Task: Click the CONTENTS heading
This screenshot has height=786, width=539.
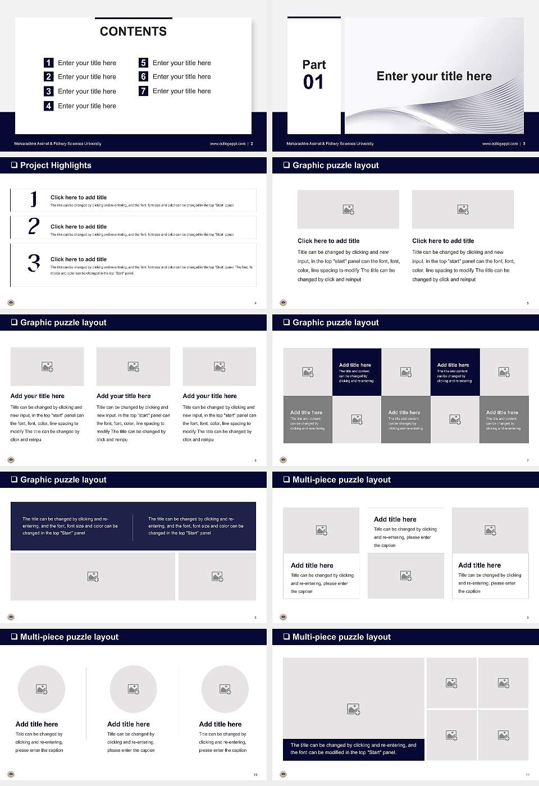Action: coord(133,31)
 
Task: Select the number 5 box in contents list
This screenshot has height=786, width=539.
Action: coord(143,63)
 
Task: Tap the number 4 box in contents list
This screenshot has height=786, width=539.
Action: coord(49,106)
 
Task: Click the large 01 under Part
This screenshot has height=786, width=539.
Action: coord(313,83)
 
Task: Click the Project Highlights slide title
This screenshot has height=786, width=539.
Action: coord(55,165)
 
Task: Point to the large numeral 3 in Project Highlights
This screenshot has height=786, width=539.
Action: coord(34,263)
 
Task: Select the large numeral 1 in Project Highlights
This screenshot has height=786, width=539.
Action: coord(34,199)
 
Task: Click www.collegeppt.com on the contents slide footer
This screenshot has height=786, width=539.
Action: coord(227,144)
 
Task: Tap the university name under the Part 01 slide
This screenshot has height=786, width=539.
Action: coord(330,144)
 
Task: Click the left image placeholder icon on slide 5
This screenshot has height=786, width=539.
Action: coord(348,209)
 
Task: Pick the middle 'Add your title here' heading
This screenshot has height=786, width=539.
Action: coord(124,396)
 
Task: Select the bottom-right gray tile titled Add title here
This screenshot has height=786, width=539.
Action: coord(504,419)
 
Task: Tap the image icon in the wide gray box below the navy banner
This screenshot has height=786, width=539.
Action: coord(93,577)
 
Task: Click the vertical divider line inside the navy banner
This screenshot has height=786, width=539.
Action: coord(133,527)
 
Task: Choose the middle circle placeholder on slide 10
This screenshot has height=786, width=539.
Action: coord(133,689)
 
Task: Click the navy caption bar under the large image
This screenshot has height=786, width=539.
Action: coord(353,749)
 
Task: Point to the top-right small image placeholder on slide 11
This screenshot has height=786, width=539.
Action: coord(504,683)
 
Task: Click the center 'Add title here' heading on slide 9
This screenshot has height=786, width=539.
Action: coord(395,519)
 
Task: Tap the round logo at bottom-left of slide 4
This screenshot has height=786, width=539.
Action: coord(11,303)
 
